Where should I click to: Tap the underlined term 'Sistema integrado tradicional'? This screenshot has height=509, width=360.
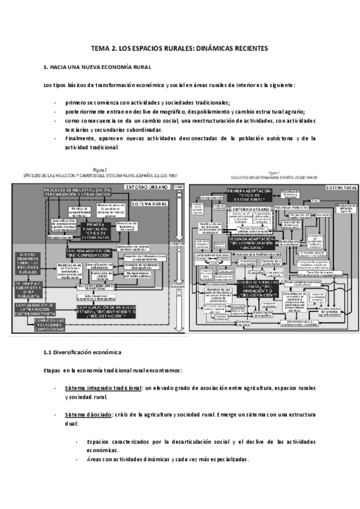point(103,388)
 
